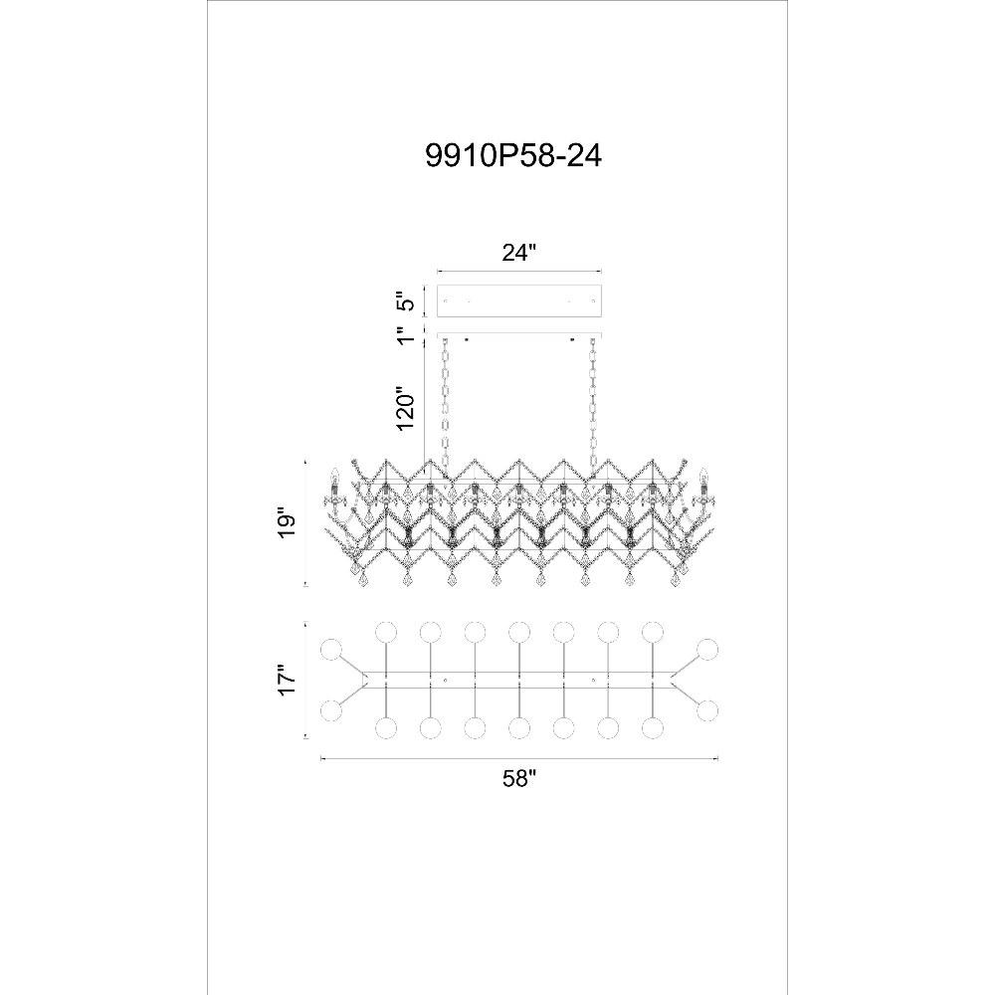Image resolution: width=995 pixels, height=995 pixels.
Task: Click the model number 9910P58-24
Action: [x=513, y=155]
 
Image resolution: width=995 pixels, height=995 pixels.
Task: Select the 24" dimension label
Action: [x=519, y=253]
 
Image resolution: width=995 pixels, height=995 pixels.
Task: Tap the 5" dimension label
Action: [x=406, y=300]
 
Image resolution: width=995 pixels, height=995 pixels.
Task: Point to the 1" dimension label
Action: [x=406, y=333]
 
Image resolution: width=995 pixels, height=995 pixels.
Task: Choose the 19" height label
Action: [x=287, y=523]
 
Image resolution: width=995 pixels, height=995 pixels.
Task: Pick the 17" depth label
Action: [x=287, y=681]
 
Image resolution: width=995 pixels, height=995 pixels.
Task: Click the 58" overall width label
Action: [x=519, y=778]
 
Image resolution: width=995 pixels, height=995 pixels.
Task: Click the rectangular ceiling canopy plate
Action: [x=519, y=300]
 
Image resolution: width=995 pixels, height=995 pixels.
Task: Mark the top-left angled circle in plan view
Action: [x=331, y=651]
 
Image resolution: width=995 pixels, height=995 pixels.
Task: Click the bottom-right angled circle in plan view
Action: [x=706, y=710]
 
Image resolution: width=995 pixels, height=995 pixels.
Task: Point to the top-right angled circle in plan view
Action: [x=706, y=651]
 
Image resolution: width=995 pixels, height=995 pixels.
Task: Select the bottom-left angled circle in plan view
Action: [x=331, y=710]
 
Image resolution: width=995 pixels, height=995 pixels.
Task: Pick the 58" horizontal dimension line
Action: [x=519, y=757]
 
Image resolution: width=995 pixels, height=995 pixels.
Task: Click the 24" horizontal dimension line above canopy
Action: [x=519, y=273]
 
